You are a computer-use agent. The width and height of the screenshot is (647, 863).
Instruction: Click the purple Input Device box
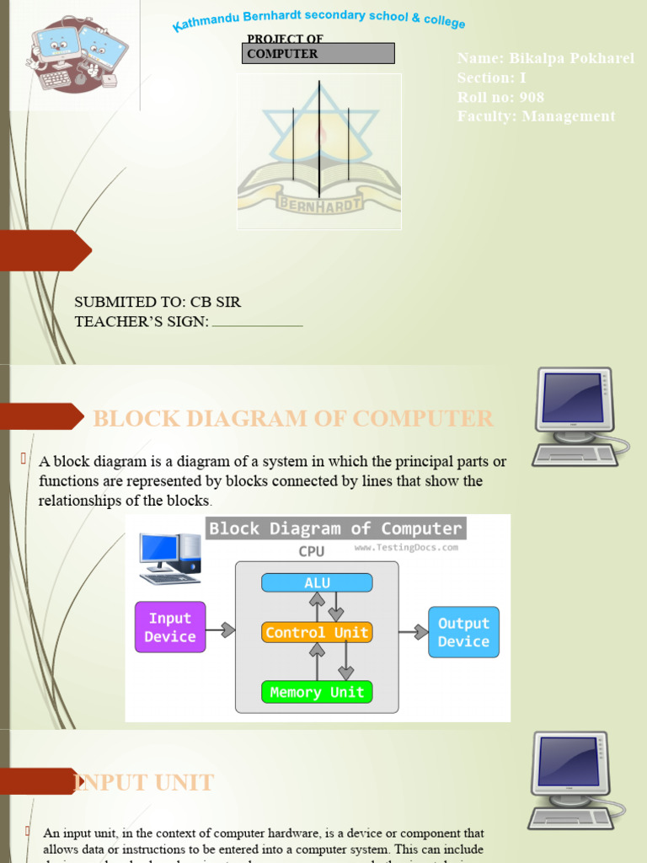coord(170,627)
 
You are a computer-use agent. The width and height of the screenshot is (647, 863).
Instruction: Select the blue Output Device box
coord(463,632)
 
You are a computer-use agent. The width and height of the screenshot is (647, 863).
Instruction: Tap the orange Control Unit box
coord(317,632)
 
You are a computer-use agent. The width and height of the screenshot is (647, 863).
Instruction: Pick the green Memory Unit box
coord(317,692)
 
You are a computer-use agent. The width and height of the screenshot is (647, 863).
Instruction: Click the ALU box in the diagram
coord(317,582)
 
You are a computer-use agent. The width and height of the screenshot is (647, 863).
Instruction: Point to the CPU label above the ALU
coord(312,551)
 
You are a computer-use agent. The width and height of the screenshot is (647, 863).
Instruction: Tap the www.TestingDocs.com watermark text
coord(406,547)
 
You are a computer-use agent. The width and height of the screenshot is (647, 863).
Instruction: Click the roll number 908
coord(532,97)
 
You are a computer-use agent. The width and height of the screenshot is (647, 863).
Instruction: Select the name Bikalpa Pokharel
coord(572,58)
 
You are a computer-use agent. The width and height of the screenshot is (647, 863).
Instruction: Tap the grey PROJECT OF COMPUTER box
coord(319,53)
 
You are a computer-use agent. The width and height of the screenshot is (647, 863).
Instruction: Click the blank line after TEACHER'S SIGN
coord(257,324)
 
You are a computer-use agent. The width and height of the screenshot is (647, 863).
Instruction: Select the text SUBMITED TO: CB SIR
coord(158,302)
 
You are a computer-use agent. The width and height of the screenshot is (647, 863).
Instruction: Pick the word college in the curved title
coord(445,21)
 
